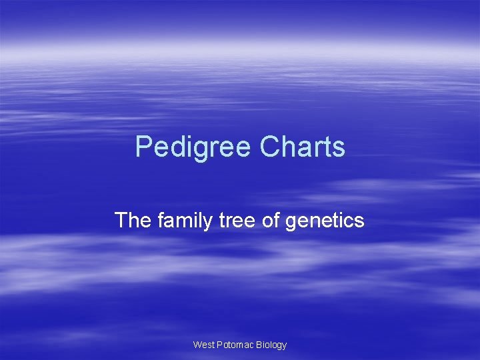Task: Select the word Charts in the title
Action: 303,147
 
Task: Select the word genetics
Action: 325,220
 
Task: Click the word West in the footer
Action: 203,345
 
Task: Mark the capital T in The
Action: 121,220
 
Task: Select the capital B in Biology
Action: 259,345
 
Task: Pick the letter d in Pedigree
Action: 175,147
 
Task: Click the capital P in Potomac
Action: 219,345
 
